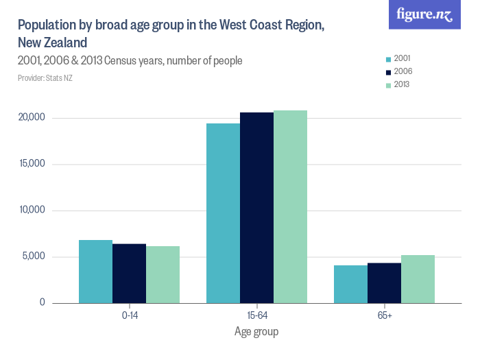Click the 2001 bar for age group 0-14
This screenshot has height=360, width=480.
pyautogui.click(x=95, y=272)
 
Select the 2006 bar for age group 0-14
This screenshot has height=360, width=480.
pyautogui.click(x=129, y=274)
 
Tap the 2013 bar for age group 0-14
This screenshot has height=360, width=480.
pyautogui.click(x=163, y=274)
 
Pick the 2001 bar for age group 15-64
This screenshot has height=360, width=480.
pyautogui.click(x=223, y=213)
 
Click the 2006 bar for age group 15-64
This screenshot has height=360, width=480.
pyautogui.click(x=256, y=208)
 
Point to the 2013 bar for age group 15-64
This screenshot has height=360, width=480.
pyautogui.click(x=290, y=206)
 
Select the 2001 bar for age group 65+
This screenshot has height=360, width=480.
pyautogui.click(x=350, y=284)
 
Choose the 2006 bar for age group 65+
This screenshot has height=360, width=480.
pyautogui.click(x=384, y=283)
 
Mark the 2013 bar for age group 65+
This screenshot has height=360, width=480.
pyautogui.click(x=418, y=279)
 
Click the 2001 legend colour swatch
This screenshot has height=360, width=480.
pyautogui.click(x=388, y=59)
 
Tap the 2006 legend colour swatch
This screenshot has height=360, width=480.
pyautogui.click(x=388, y=72)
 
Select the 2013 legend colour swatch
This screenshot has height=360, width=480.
pyautogui.click(x=388, y=85)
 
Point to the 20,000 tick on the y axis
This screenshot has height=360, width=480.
pyautogui.click(x=31, y=118)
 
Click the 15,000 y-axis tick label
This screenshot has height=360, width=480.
pyautogui.click(x=31, y=164)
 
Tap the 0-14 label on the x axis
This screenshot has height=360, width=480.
pyautogui.click(x=129, y=315)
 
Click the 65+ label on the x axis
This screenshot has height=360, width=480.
pyautogui.click(x=384, y=315)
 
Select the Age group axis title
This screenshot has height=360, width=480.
pyautogui.click(x=256, y=332)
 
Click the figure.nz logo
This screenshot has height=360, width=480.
pyautogui.click(x=424, y=15)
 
